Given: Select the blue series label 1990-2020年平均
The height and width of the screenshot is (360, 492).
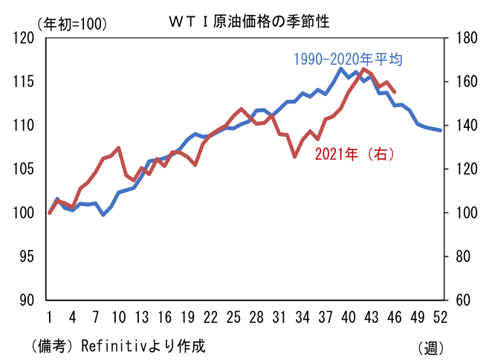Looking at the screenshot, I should [348, 59].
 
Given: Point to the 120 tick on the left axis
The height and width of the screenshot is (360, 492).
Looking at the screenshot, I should [25, 38].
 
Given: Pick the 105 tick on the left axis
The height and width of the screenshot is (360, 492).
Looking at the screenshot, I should [25, 170].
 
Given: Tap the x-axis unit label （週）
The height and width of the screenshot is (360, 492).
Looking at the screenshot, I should [431, 347].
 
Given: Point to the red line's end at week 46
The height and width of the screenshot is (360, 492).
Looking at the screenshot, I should [394, 92].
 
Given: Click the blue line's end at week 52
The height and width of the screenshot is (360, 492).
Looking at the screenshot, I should [440, 130].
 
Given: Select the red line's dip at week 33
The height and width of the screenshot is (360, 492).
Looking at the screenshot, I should [294, 156].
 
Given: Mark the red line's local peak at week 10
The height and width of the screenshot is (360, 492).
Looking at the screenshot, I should [118, 148].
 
